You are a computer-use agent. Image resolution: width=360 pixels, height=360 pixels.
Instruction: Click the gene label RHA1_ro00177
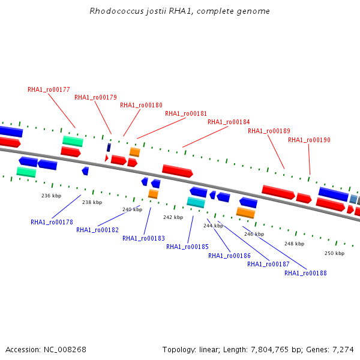(x=49, y=90)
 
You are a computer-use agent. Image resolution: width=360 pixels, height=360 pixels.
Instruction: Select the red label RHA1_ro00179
(x=95, y=97)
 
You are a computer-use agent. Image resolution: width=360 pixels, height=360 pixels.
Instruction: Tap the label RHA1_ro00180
(x=141, y=105)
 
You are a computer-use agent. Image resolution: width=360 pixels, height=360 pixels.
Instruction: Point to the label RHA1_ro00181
(x=186, y=113)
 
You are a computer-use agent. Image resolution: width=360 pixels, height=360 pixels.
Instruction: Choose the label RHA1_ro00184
(x=229, y=122)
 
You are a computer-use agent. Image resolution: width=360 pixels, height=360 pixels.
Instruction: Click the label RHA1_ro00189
(x=269, y=131)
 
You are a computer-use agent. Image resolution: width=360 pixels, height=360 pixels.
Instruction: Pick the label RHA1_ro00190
(x=309, y=140)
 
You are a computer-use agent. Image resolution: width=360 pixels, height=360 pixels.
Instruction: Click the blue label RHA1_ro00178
(x=52, y=222)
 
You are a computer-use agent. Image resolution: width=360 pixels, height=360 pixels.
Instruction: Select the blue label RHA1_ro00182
(x=97, y=230)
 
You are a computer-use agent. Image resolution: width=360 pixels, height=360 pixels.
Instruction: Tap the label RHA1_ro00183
(x=143, y=238)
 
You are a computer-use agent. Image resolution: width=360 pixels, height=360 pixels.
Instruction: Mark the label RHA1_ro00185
(x=187, y=247)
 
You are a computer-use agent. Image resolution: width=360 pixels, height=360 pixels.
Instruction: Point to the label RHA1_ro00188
(x=305, y=273)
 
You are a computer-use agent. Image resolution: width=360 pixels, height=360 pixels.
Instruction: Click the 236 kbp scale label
(x=51, y=196)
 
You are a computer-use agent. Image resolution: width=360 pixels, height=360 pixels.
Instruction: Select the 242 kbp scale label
(x=173, y=217)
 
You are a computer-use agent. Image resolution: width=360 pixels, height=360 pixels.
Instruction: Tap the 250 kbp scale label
(x=334, y=253)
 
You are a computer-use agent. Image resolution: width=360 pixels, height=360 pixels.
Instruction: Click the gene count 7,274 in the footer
(x=342, y=349)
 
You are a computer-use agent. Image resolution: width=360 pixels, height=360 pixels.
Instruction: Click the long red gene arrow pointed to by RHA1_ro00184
(x=177, y=171)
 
